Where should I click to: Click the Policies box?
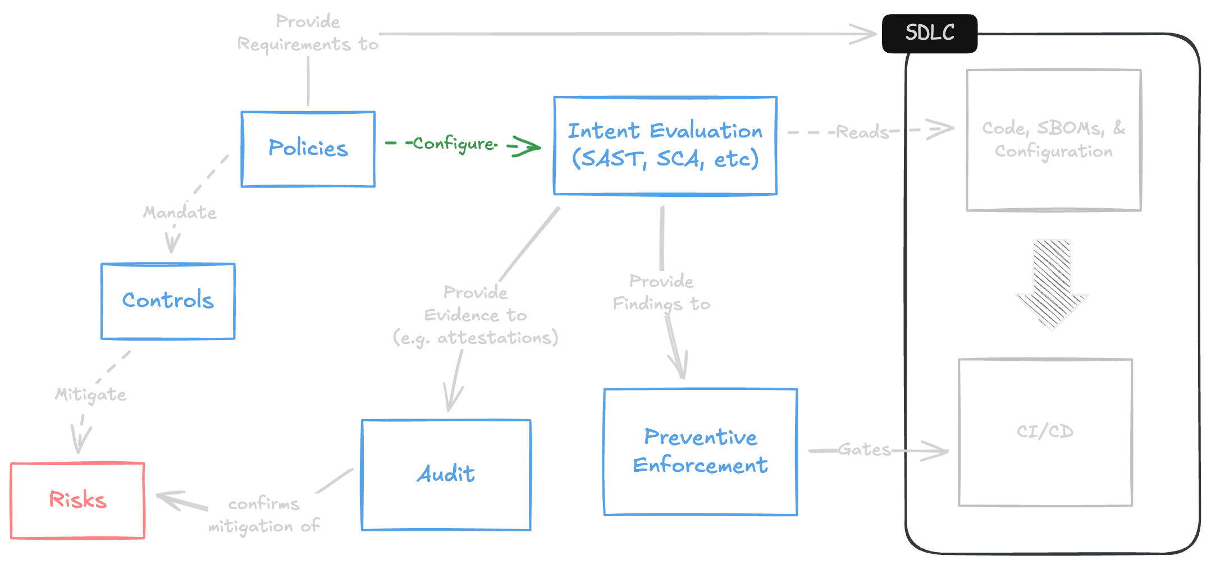(308, 149)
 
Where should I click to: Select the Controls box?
(168, 301)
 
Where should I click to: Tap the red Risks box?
(77, 500)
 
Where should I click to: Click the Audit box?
(446, 474)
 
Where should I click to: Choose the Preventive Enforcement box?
(700, 451)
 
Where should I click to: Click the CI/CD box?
(1045, 431)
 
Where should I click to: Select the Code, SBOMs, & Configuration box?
(1053, 140)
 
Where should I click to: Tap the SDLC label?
(930, 33)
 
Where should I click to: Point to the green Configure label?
(454, 144)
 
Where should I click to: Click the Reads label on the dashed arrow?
(862, 132)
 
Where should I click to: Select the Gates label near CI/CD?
(865, 449)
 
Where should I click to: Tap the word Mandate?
(180, 213)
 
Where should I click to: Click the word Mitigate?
(90, 394)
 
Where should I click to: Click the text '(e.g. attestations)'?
(475, 338)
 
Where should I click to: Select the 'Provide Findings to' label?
(661, 292)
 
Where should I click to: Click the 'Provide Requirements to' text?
(308, 33)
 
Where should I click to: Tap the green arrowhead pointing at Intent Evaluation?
(528, 147)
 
